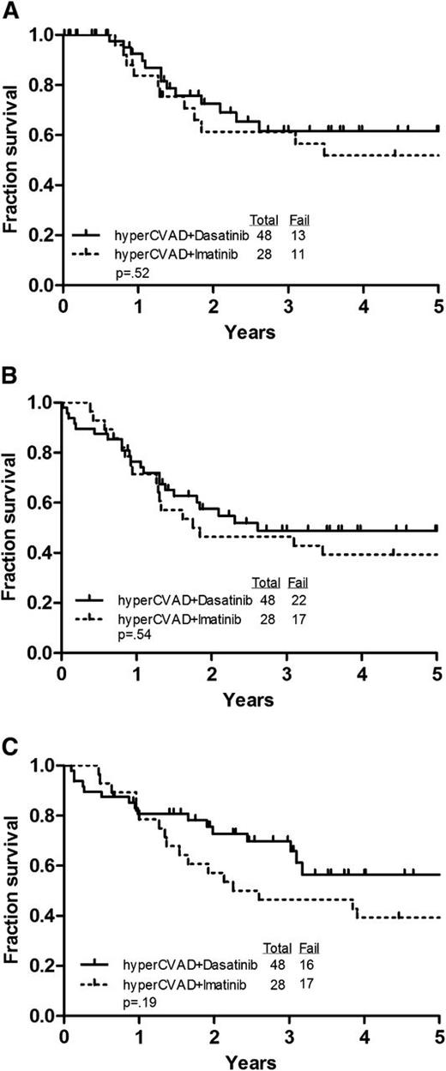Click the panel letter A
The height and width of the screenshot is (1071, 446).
tap(9, 9)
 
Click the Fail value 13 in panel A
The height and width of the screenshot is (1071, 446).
tap(297, 233)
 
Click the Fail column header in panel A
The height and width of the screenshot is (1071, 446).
tap(297, 218)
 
